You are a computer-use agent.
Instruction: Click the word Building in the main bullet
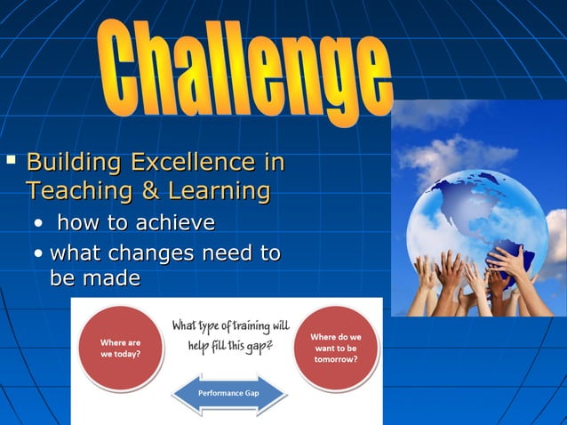pos(74,163)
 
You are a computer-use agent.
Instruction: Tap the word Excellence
pos(190,163)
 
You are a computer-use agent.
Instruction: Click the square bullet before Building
pos(11,161)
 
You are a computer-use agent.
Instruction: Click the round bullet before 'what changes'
pos(40,254)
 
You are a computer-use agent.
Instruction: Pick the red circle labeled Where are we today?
pos(119,346)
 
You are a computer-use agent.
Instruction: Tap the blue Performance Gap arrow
pos(228,392)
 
